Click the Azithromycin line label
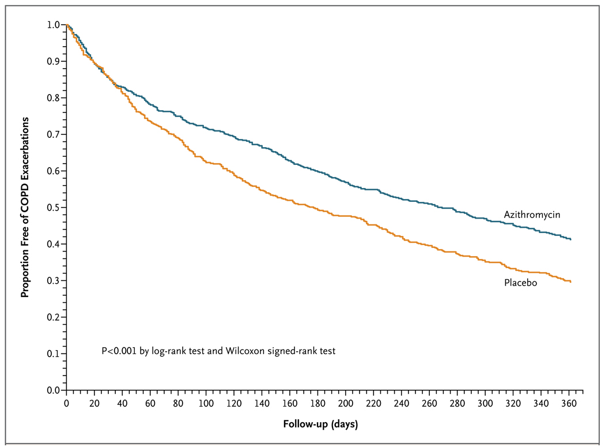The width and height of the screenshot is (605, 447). tap(532, 215)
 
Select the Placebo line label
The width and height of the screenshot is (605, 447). tap(520, 283)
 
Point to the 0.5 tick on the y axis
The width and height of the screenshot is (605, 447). tap(63, 208)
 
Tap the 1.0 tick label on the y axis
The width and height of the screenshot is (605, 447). tap(53, 25)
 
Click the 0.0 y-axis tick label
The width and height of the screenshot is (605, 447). tap(53, 390)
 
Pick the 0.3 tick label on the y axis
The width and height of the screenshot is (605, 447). tap(53, 280)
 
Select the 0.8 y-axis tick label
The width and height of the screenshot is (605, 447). tap(53, 97)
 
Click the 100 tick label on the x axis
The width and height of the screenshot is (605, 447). tap(206, 403)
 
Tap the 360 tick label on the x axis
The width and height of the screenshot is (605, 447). tap(569, 403)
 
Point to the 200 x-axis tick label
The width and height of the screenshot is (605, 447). tap(346, 403)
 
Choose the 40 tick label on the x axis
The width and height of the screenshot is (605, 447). tap(122, 403)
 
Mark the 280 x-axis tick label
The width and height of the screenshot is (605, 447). tap(457, 403)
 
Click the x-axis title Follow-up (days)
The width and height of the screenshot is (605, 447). tap(320, 424)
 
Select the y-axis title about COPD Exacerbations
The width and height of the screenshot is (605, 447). tap(25, 208)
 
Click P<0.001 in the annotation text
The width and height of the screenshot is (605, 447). tap(119, 351)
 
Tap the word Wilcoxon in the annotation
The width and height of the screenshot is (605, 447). tap(245, 351)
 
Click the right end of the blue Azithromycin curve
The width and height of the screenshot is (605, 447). tap(570, 239)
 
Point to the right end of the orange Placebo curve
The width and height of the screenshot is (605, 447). tap(570, 281)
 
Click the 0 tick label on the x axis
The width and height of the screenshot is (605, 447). tap(66, 403)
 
